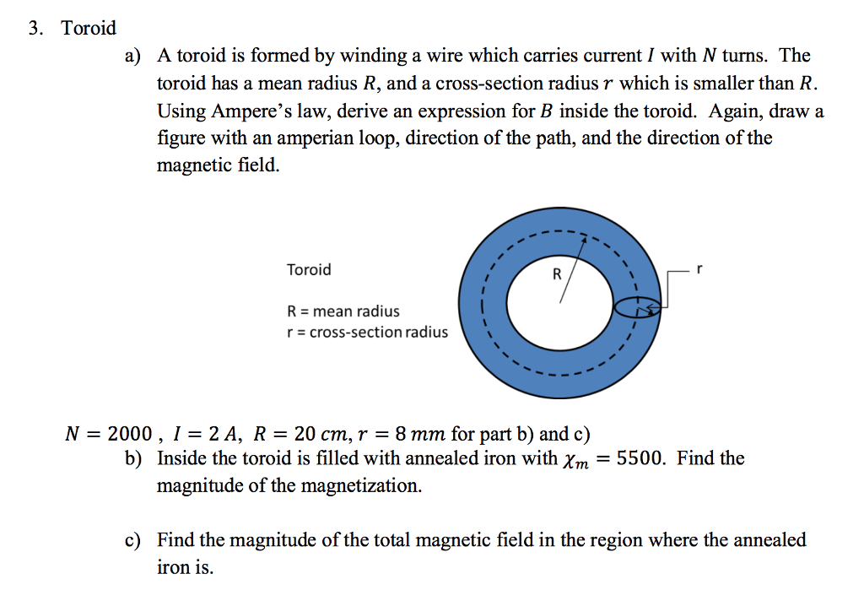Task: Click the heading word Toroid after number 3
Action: tap(89, 29)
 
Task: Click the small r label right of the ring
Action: tap(699, 268)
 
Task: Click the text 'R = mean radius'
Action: tap(343, 311)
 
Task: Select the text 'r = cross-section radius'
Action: tap(367, 332)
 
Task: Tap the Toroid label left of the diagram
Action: tap(309, 270)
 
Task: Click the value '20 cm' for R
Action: tap(317, 435)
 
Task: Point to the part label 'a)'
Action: tap(132, 57)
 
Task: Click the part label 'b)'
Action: tap(132, 458)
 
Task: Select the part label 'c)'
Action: tap(132, 540)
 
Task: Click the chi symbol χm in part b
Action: tap(570, 460)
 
